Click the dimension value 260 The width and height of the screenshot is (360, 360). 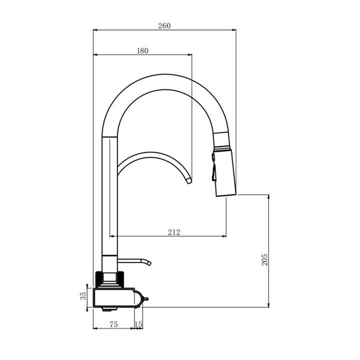pos(164,25)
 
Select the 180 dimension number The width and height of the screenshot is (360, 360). pos(142,50)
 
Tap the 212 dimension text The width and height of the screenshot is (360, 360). pos(174,232)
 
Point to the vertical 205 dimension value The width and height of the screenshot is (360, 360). pos(264,259)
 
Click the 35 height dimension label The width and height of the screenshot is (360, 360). pos(83,295)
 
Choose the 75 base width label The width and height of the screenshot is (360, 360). pos(113,324)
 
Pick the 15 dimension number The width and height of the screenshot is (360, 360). pos(138,324)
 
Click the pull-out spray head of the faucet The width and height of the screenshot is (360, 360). pos(224,172)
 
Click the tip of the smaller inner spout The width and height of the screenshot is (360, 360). pos(189,181)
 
